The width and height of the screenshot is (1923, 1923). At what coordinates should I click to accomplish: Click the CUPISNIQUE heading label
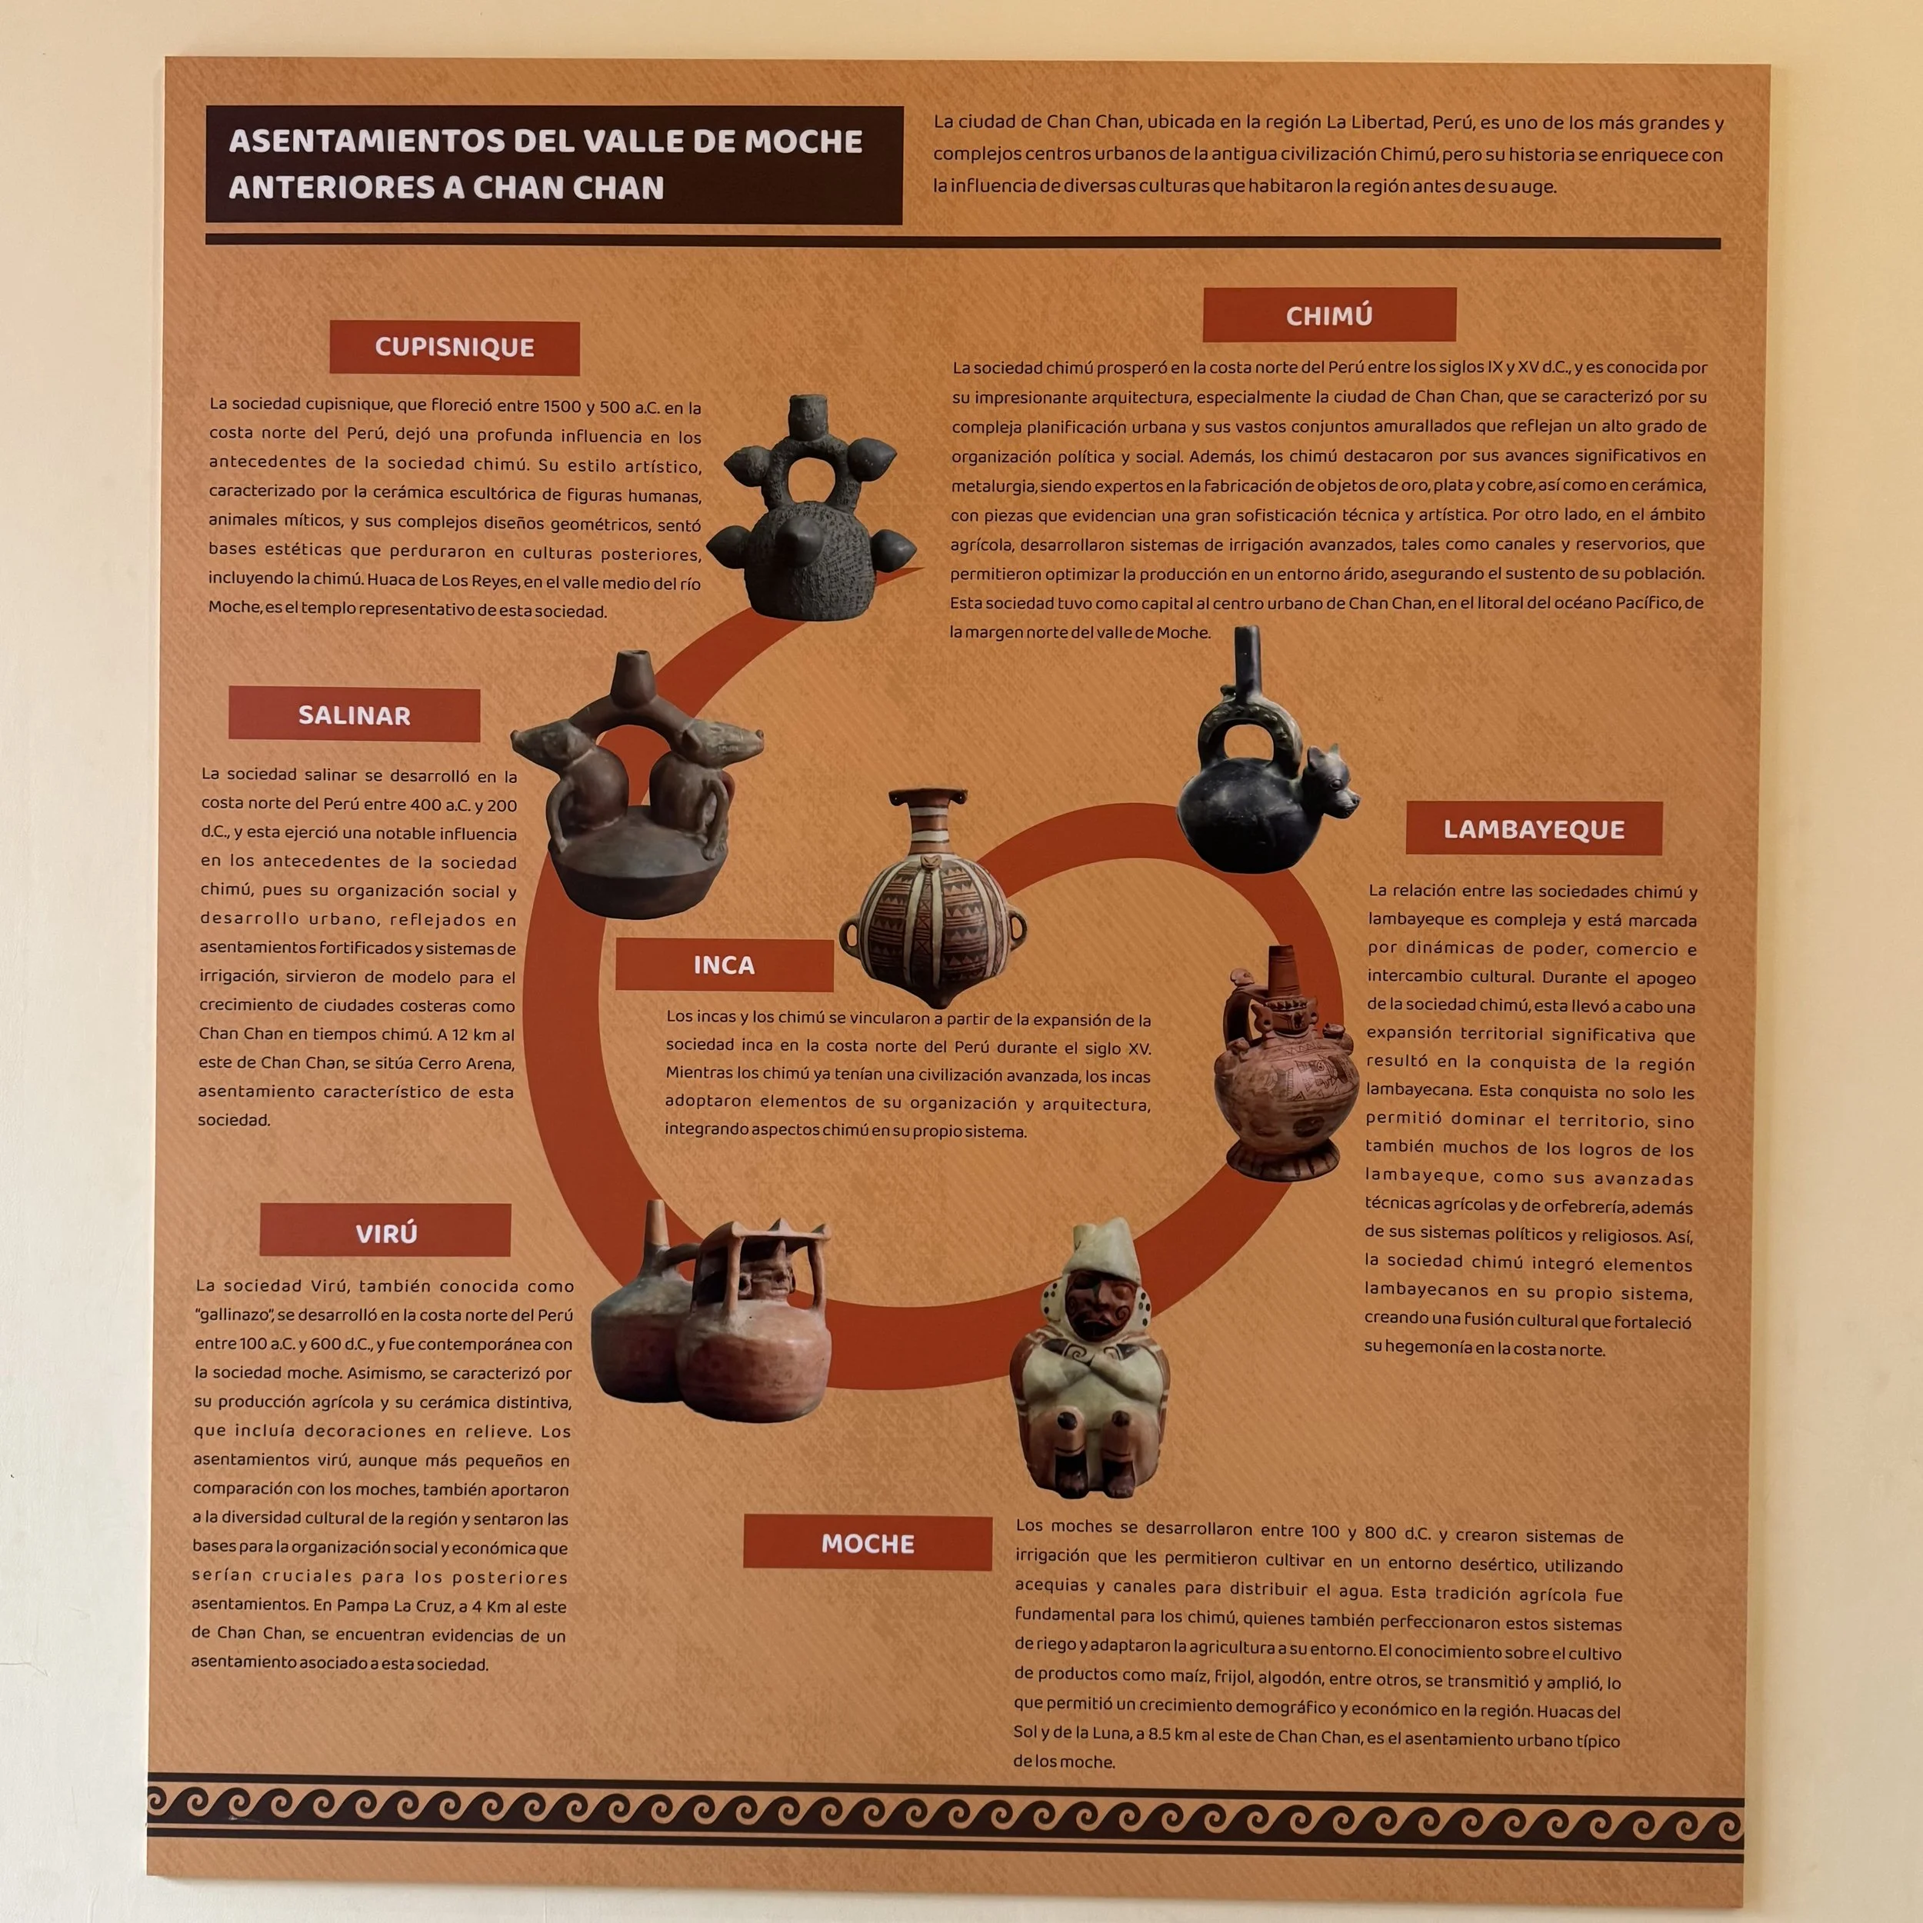(454, 348)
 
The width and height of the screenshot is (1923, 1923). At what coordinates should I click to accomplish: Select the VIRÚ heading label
(385, 1233)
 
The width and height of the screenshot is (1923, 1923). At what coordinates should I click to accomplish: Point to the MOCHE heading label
(867, 1544)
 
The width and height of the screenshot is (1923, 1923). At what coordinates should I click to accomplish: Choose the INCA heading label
(724, 965)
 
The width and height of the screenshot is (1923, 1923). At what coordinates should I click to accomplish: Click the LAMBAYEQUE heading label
(1533, 829)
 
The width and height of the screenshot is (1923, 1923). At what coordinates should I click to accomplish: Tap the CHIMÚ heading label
(1328, 315)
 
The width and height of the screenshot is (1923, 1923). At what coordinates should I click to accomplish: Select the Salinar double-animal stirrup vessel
(637, 796)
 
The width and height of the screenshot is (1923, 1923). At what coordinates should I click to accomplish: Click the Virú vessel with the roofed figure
(756, 1314)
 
